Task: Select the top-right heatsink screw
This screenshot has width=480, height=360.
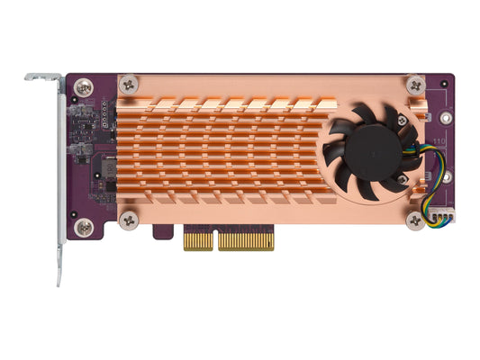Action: click(415, 85)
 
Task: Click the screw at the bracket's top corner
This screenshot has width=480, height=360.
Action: click(84, 88)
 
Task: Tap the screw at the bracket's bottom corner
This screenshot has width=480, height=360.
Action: click(84, 228)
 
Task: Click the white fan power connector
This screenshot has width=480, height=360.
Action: click(440, 217)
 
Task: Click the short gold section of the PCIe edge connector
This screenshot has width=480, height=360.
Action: click(198, 240)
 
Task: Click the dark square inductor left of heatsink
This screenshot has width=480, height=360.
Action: click(105, 167)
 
